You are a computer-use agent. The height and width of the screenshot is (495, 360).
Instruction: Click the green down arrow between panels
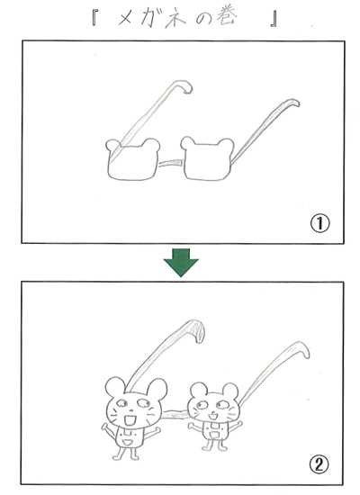click(181, 262)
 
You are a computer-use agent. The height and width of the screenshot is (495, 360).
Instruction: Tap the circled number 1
click(319, 223)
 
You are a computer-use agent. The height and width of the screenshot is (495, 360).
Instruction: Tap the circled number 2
click(319, 464)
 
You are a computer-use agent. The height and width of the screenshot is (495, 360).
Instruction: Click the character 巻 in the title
click(227, 18)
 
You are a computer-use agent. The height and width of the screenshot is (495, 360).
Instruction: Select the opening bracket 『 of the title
click(94, 18)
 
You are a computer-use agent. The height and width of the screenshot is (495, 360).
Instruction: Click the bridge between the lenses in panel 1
click(170, 163)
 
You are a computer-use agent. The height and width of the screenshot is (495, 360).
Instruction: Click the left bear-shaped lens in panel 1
click(132, 159)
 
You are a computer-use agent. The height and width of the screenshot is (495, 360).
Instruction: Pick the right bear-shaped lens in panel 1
click(207, 158)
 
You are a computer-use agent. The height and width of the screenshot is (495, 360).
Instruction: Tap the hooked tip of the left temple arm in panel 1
click(186, 86)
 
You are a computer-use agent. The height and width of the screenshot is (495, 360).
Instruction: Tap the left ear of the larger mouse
click(115, 387)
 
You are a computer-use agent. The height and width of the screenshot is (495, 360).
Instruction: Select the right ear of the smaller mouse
click(230, 391)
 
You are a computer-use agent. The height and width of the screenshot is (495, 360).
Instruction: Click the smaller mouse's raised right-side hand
click(238, 423)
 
